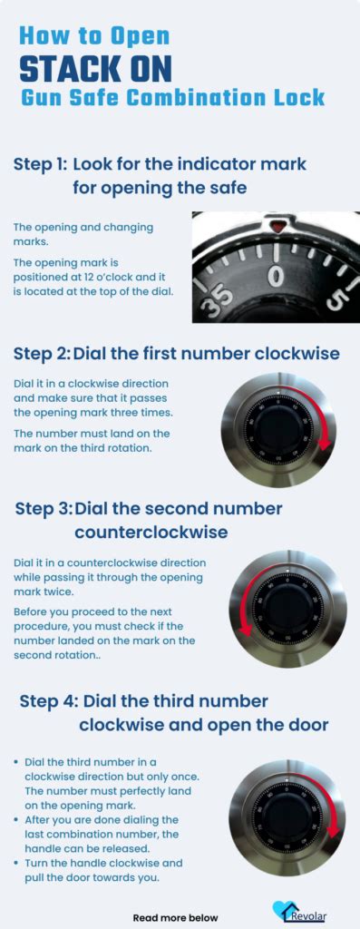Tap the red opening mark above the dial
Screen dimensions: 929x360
point(277,223)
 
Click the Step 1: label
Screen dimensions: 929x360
point(40,164)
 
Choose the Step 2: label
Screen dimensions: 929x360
point(40,353)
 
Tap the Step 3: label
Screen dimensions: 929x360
point(42,508)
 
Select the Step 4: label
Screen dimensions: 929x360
point(47,701)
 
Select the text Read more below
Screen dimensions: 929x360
point(175,917)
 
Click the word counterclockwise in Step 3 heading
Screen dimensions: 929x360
point(151,531)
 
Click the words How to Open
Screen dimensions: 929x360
point(94,36)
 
